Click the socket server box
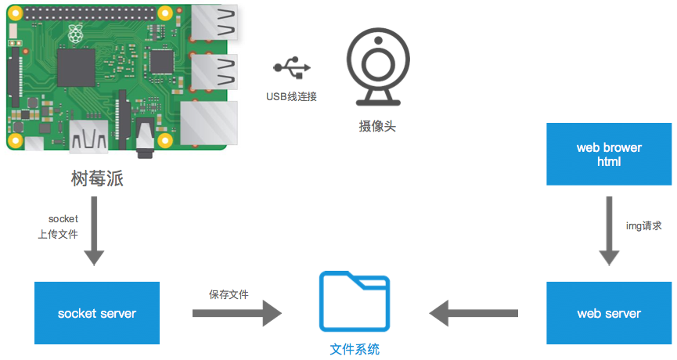click(97, 313)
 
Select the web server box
click(609, 313)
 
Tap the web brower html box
click(609, 154)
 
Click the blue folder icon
click(354, 301)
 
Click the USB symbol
click(292, 68)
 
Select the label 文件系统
click(355, 349)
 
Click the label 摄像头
click(377, 125)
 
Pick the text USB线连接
click(291, 97)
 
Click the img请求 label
click(644, 225)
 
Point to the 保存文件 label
click(229, 294)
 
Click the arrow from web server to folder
click(474, 313)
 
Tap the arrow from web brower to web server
click(609, 232)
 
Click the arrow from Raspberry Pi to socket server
click(93, 232)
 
